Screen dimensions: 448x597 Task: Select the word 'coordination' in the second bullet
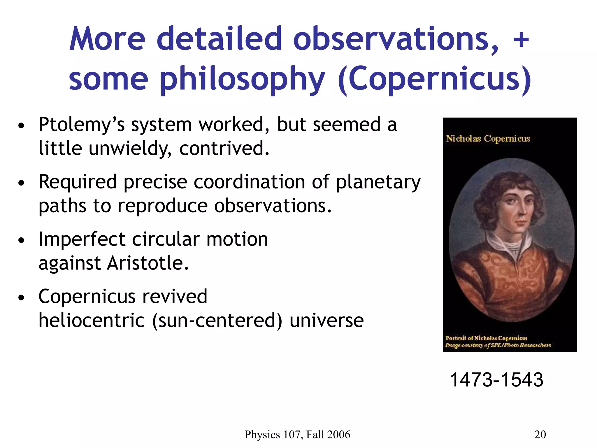tap(249, 182)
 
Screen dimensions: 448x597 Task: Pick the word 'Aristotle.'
tap(148, 263)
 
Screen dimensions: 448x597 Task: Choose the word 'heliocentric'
tap(92, 321)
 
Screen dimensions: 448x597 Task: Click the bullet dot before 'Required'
tap(21, 183)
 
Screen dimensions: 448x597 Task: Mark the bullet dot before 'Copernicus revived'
tap(21, 298)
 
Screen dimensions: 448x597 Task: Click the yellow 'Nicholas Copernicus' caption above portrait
tap(488, 139)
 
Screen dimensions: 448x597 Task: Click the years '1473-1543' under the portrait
tap(496, 380)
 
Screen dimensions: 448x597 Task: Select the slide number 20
tap(540, 435)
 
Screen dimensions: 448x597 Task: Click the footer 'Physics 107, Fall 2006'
tap(297, 435)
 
